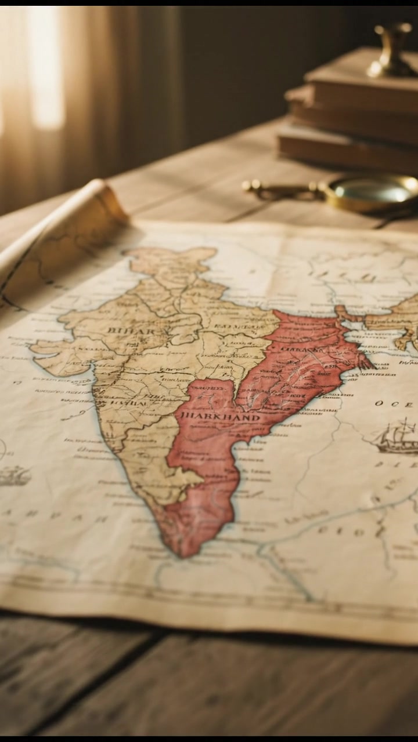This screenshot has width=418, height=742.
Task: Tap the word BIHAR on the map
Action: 131,331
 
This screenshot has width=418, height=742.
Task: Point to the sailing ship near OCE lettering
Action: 398,438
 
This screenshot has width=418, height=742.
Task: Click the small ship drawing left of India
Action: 15,476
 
